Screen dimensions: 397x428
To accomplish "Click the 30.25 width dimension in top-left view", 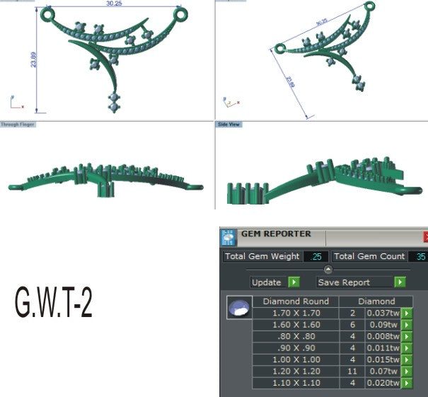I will [x=113, y=4].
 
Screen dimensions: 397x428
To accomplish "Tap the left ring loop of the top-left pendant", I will [x=47, y=13].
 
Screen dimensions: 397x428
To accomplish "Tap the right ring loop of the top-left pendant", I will [x=180, y=13].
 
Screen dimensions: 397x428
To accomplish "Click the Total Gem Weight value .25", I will [x=315, y=257].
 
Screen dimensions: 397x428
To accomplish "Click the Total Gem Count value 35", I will [x=420, y=257].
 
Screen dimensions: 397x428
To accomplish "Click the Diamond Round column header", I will [x=296, y=301].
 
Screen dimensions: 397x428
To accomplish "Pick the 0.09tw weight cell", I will [x=383, y=325].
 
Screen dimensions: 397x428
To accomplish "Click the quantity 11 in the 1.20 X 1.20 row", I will [x=352, y=371].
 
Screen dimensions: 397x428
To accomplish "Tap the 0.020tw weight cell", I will [x=383, y=383].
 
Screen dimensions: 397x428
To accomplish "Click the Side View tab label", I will [x=227, y=124].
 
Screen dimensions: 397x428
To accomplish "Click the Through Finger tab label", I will [x=18, y=124].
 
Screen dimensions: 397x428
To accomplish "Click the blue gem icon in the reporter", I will [x=238, y=309].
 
